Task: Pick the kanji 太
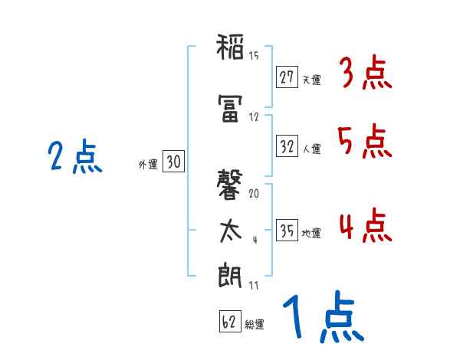coord(231,231)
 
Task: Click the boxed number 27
coord(287,77)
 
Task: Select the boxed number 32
coord(287,146)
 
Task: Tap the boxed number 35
coord(287,231)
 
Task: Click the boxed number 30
coord(173,162)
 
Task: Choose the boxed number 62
coord(229,322)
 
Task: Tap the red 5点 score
coord(365,142)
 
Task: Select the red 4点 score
coord(365,227)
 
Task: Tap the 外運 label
coord(149,163)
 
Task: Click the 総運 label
coord(255,325)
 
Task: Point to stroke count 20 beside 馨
coord(255,194)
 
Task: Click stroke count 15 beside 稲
coord(254,56)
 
